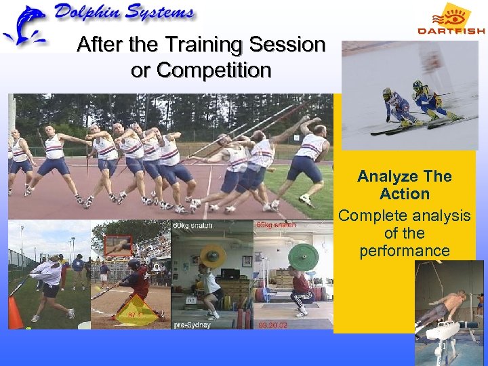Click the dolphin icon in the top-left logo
tap(23, 24)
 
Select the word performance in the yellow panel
tap(405, 251)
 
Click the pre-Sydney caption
tap(193, 325)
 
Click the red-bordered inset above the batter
tap(118, 245)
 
